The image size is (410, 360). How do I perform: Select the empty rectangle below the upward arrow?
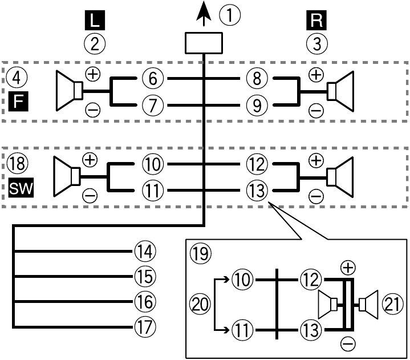[204, 43]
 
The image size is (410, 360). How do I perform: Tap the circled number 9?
[257, 104]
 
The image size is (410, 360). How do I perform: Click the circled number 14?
[144, 250]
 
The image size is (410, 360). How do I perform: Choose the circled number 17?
[144, 327]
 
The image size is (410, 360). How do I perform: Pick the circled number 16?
[144, 301]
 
